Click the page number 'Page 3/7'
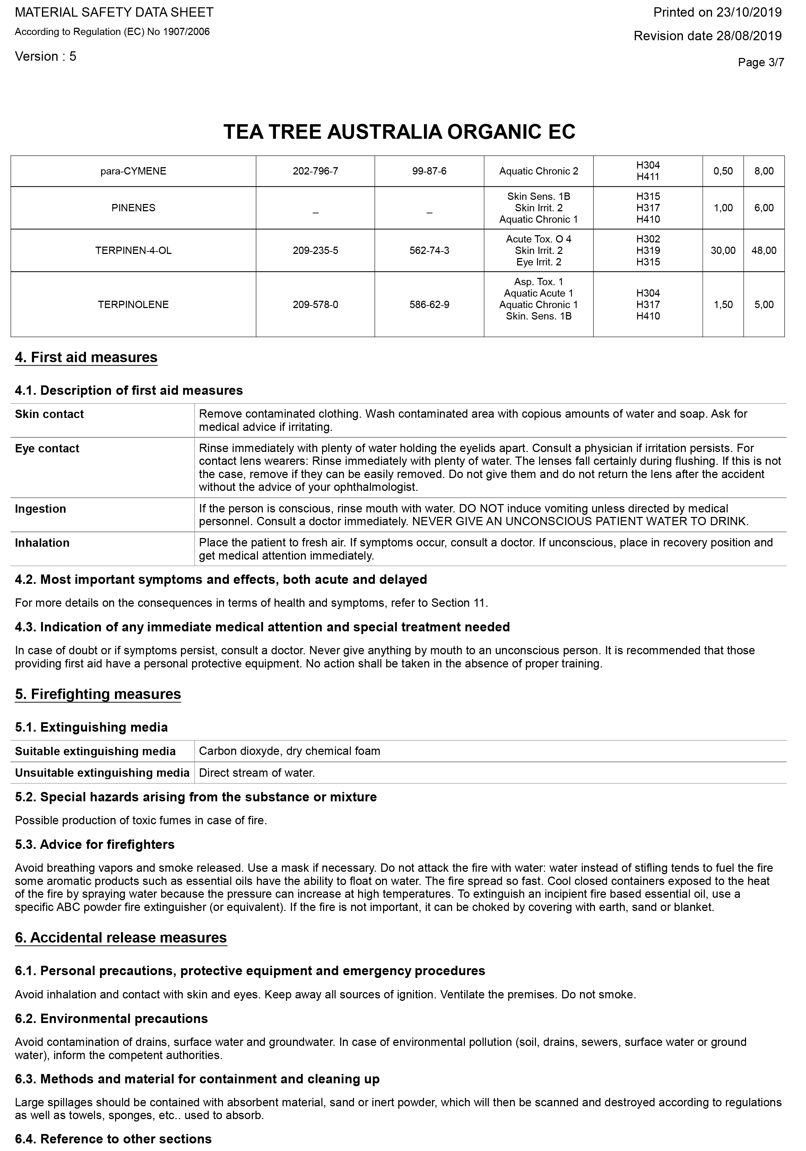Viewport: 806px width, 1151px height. pyautogui.click(x=761, y=63)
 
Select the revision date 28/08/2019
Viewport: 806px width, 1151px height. pyautogui.click(x=707, y=36)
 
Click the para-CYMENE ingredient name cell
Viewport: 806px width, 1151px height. pyautogui.click(x=133, y=171)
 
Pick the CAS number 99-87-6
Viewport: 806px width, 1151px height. pyautogui.click(x=429, y=171)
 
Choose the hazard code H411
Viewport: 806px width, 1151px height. pyautogui.click(x=648, y=177)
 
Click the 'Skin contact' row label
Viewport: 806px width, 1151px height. pyautogui.click(x=50, y=415)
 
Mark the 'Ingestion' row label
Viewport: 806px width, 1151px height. pyautogui.click(x=41, y=509)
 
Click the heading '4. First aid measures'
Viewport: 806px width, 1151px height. pyautogui.click(x=86, y=357)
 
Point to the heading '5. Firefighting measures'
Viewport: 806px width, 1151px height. pyautogui.click(x=98, y=694)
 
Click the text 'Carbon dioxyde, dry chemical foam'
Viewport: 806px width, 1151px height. pyautogui.click(x=289, y=751)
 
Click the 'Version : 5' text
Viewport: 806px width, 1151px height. pyautogui.click(x=45, y=57)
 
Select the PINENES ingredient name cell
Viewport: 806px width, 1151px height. pyautogui.click(x=133, y=208)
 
